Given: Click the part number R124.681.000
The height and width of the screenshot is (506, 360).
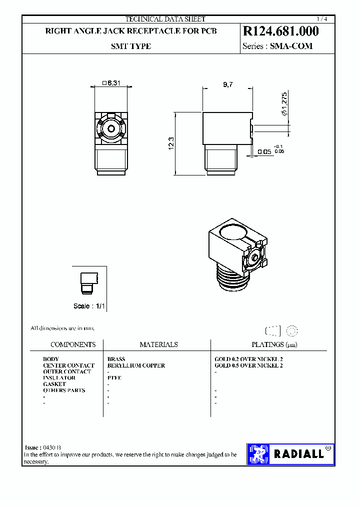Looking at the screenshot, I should pyautogui.click(x=280, y=31).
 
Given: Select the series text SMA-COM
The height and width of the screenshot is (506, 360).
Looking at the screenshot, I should pyautogui.click(x=291, y=46).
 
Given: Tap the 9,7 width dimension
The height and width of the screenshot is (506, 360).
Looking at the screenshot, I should pyautogui.click(x=227, y=85).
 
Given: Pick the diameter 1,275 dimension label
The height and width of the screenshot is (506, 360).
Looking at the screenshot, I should pyautogui.click(x=284, y=104).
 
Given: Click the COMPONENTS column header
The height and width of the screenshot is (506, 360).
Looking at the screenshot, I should pyautogui.click(x=73, y=344).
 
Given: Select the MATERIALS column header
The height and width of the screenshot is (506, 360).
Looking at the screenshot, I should pyautogui.click(x=158, y=344).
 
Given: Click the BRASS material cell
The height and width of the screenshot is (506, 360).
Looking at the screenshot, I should pyautogui.click(x=116, y=359).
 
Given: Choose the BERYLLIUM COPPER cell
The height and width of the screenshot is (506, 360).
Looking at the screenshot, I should pyautogui.click(x=136, y=365).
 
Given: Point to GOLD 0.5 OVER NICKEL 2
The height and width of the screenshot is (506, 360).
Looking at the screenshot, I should pyautogui.click(x=248, y=365).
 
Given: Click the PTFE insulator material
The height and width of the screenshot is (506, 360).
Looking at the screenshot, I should pyautogui.click(x=114, y=378).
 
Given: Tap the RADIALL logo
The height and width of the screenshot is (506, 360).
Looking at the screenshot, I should pyautogui.click(x=290, y=454).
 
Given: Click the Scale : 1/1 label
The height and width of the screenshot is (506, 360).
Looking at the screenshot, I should pyautogui.click(x=89, y=306).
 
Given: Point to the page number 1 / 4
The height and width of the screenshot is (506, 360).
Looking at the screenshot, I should pyautogui.click(x=327, y=18).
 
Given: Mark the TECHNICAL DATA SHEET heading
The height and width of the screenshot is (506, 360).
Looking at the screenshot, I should pyautogui.click(x=165, y=19).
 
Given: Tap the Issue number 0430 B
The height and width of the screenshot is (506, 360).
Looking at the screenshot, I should pyautogui.click(x=52, y=447).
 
